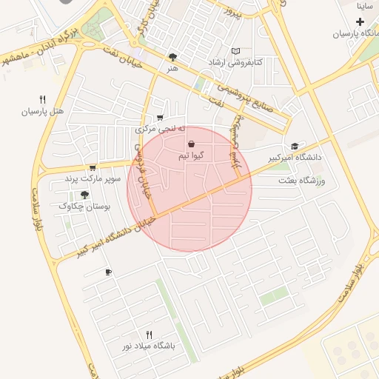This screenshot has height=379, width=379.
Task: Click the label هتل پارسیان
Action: pyautogui.click(x=43, y=112)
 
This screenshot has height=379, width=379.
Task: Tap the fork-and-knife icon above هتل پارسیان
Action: pyautogui.click(x=43, y=99)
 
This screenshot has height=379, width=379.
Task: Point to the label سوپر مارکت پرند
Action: pyautogui.click(x=92, y=179)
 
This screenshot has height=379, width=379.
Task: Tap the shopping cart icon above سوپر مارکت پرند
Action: pyautogui.click(x=93, y=168)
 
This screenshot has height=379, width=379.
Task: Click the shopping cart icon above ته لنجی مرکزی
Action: pyautogui.click(x=160, y=118)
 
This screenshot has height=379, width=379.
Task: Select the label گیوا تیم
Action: pyautogui.click(x=191, y=156)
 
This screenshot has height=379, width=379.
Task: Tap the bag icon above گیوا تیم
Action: pyautogui.click(x=192, y=144)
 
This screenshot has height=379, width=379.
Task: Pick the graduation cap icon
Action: pyautogui.click(x=295, y=146)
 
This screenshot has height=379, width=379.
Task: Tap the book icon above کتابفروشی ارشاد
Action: pyautogui.click(x=236, y=50)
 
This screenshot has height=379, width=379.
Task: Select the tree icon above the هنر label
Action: pyautogui.click(x=172, y=56)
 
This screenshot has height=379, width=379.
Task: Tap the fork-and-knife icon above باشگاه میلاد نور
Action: pyautogui.click(x=149, y=335)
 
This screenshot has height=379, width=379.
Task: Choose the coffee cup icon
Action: pyautogui.click(x=108, y=272)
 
